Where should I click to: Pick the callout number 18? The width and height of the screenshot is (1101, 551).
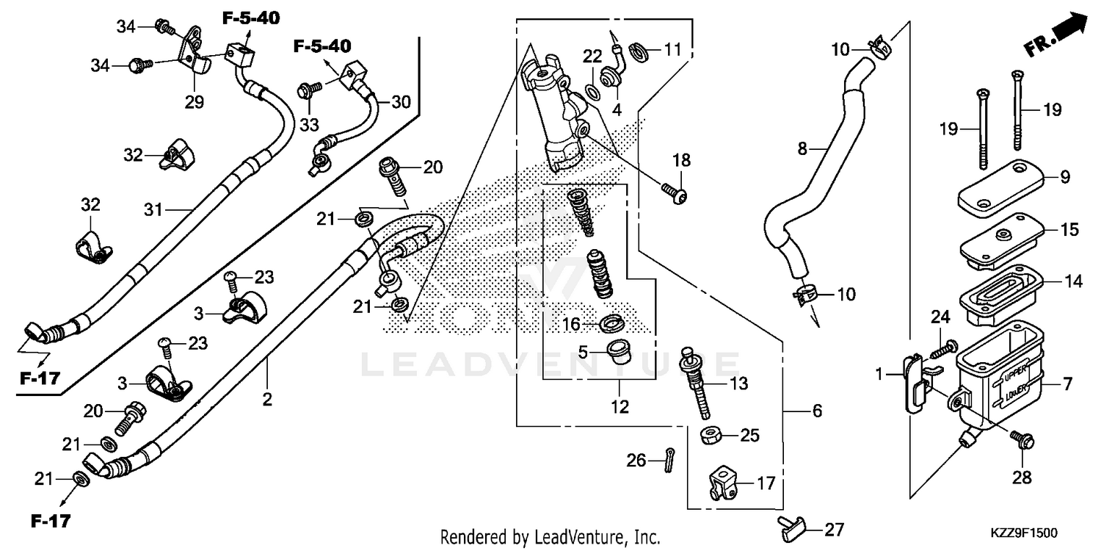point(682,160)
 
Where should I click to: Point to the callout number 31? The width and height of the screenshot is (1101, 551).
point(153,209)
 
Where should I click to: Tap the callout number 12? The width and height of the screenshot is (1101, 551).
point(620,406)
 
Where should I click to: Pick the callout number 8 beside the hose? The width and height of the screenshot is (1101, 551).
point(802,149)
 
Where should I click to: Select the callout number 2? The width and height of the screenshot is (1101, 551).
point(267,400)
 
